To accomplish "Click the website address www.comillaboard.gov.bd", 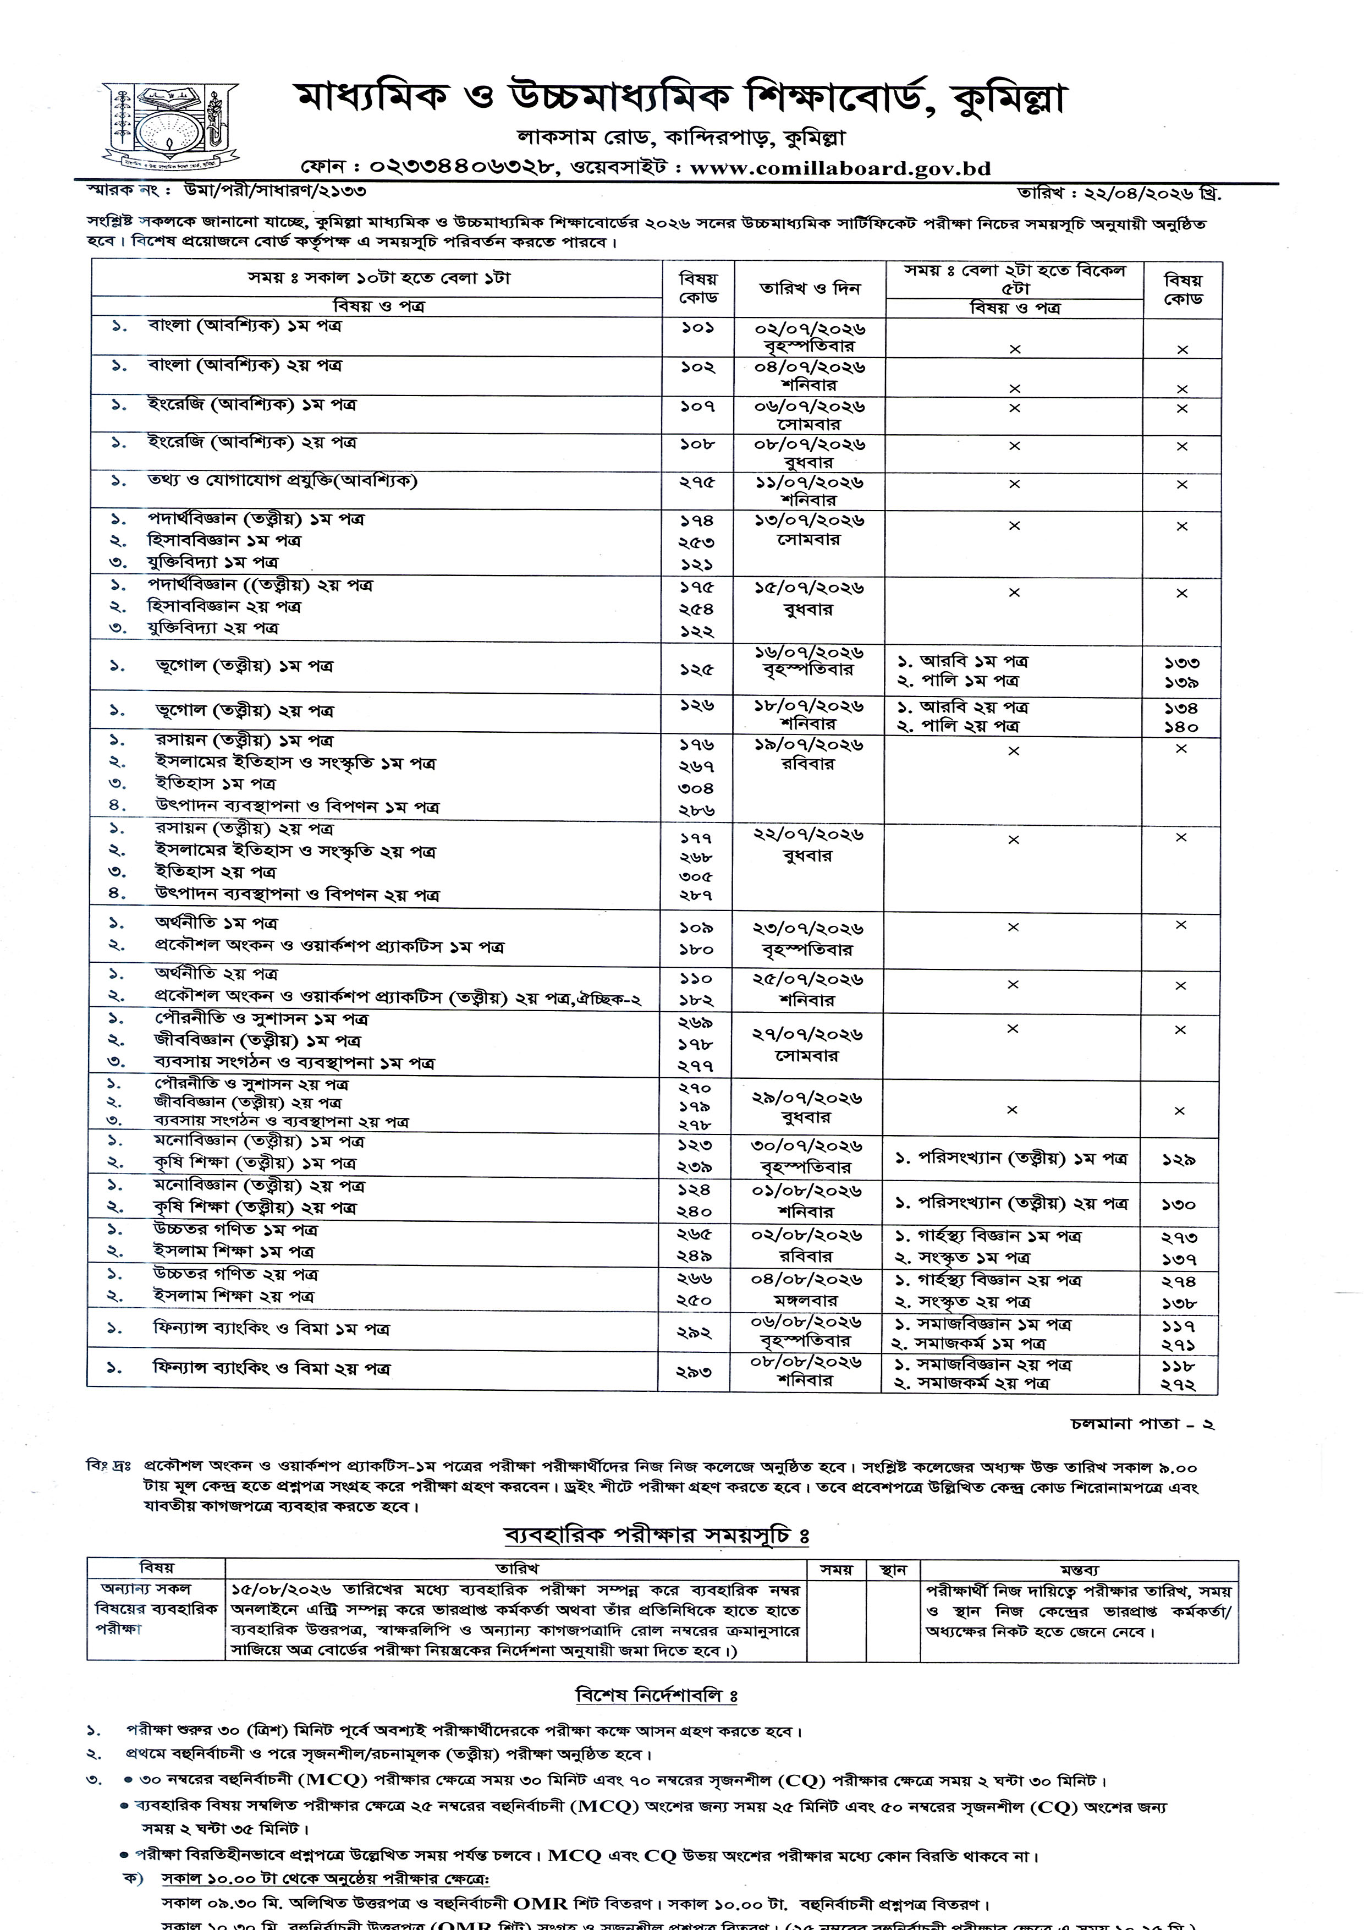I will pyautogui.click(x=840, y=168).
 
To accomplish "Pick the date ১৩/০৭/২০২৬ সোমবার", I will pyautogui.click(x=809, y=530).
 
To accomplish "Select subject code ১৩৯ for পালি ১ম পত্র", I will pyautogui.click(x=1181, y=683).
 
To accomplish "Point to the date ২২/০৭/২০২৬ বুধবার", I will pyautogui.click(x=809, y=845).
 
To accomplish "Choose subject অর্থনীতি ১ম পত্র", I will pyautogui.click(x=216, y=923).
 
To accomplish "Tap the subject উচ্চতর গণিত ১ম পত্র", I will pyautogui.click(x=235, y=1230).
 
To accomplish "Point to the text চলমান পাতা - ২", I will pyautogui.click(x=1142, y=1425).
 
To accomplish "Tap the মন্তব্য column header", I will pyautogui.click(x=1078, y=1570).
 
